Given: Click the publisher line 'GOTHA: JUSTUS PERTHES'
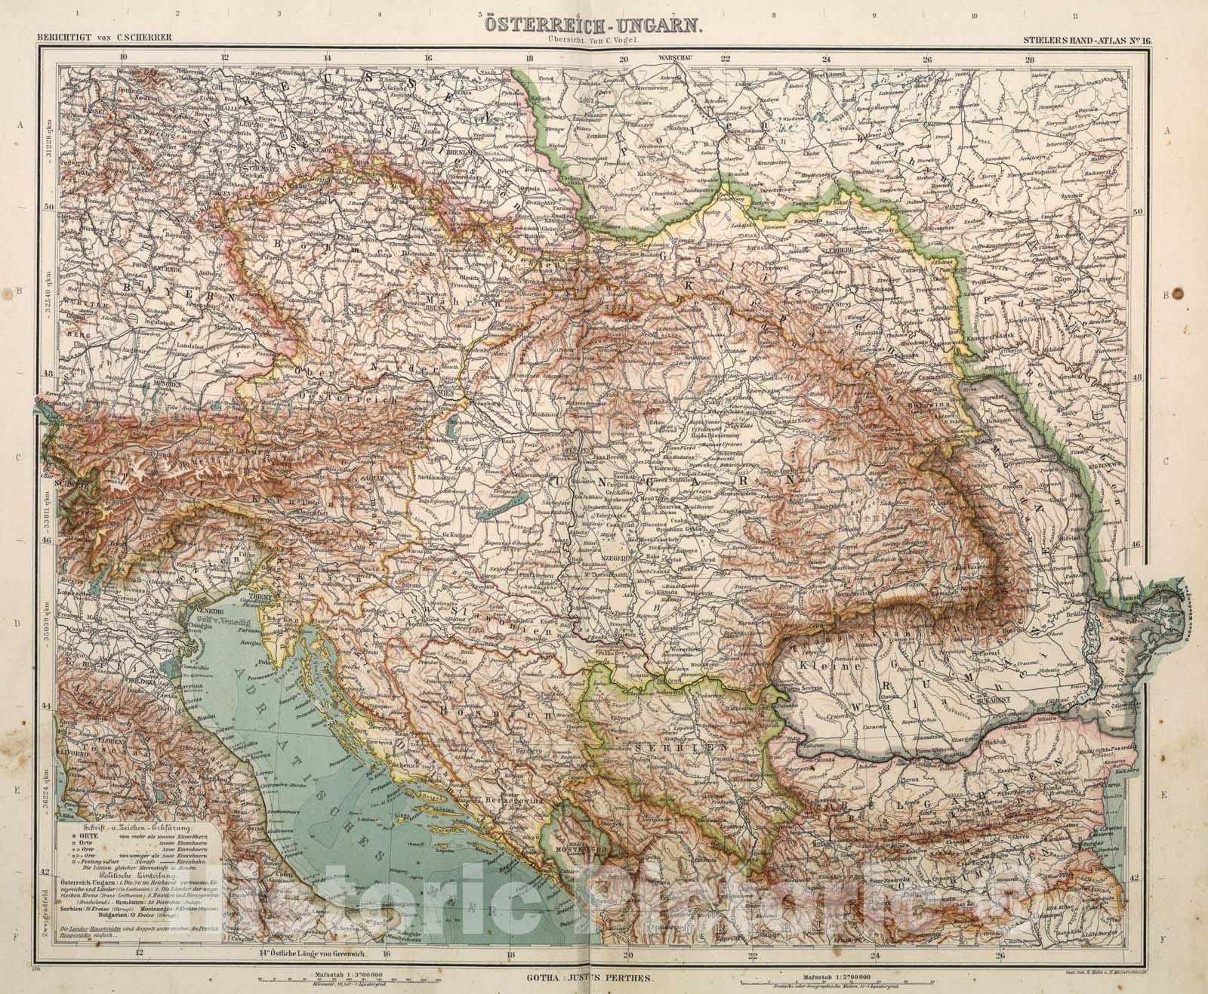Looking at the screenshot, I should (585, 974).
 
